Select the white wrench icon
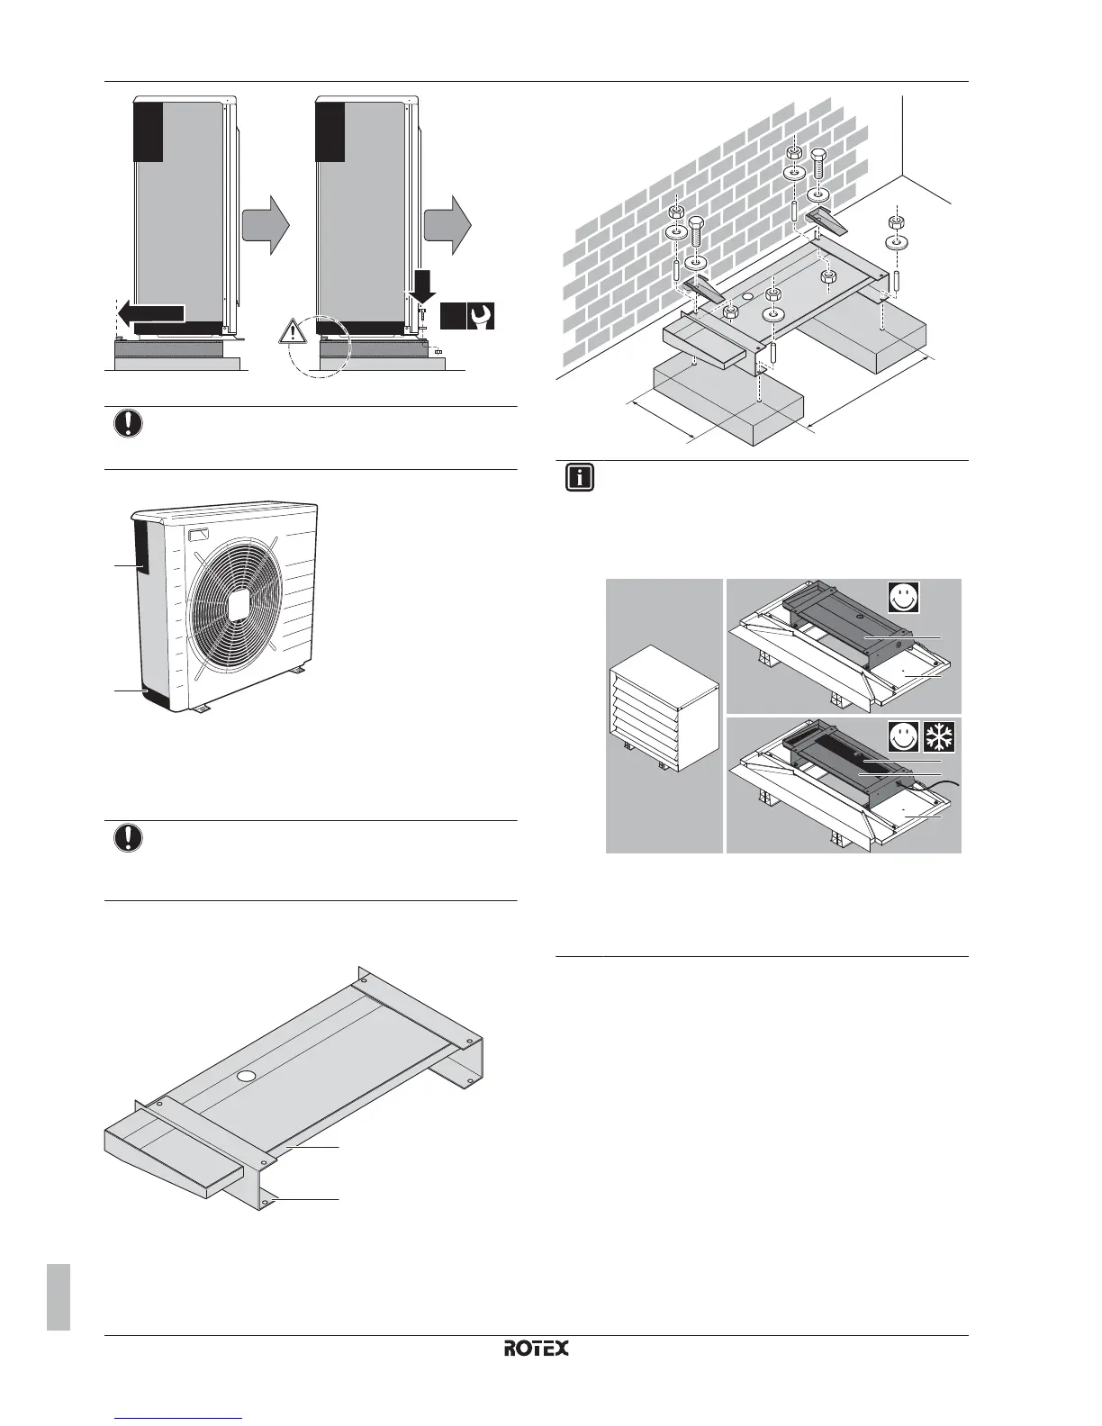(481, 317)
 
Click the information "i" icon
(580, 477)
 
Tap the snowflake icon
(941, 737)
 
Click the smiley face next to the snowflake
(904, 737)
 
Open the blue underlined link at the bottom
(180, 1420)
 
